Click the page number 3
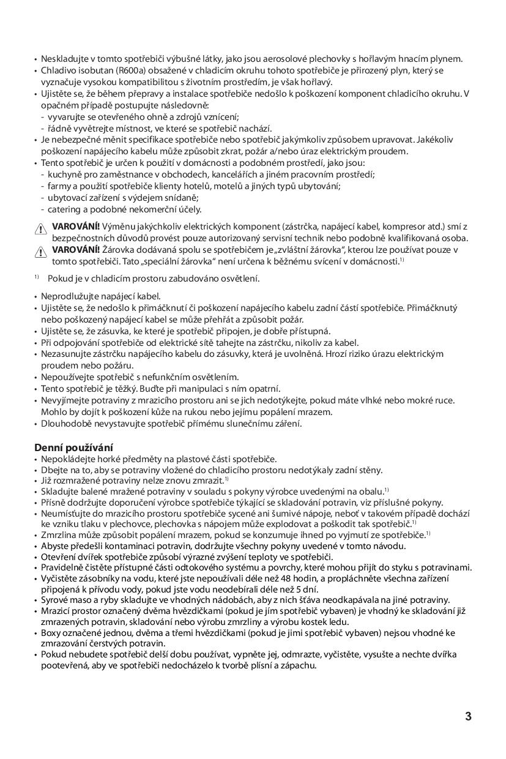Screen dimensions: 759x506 [x=468, y=717]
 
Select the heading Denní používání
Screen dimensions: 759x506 [x=73, y=447]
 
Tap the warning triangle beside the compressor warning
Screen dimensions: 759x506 [x=40, y=228]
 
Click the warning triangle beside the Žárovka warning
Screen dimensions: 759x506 [x=40, y=251]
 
